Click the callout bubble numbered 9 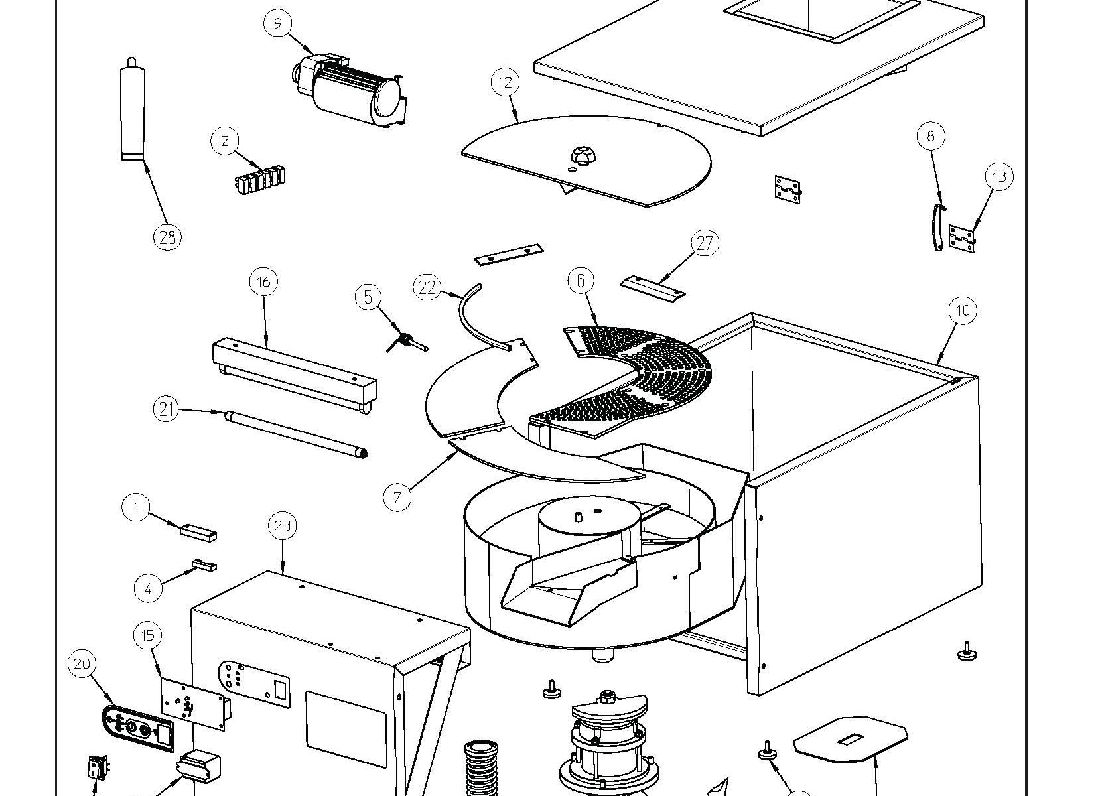[277, 23]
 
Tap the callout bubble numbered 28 [167, 236]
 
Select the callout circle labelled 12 [506, 82]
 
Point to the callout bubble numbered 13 [999, 176]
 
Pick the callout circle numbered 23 [283, 526]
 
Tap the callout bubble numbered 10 [963, 310]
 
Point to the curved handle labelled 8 [937, 228]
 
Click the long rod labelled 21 [295, 433]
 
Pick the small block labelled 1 [198, 532]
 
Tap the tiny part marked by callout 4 [204, 565]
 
